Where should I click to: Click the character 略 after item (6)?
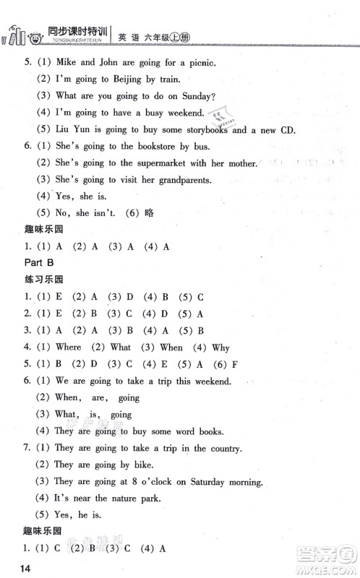[147, 214]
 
